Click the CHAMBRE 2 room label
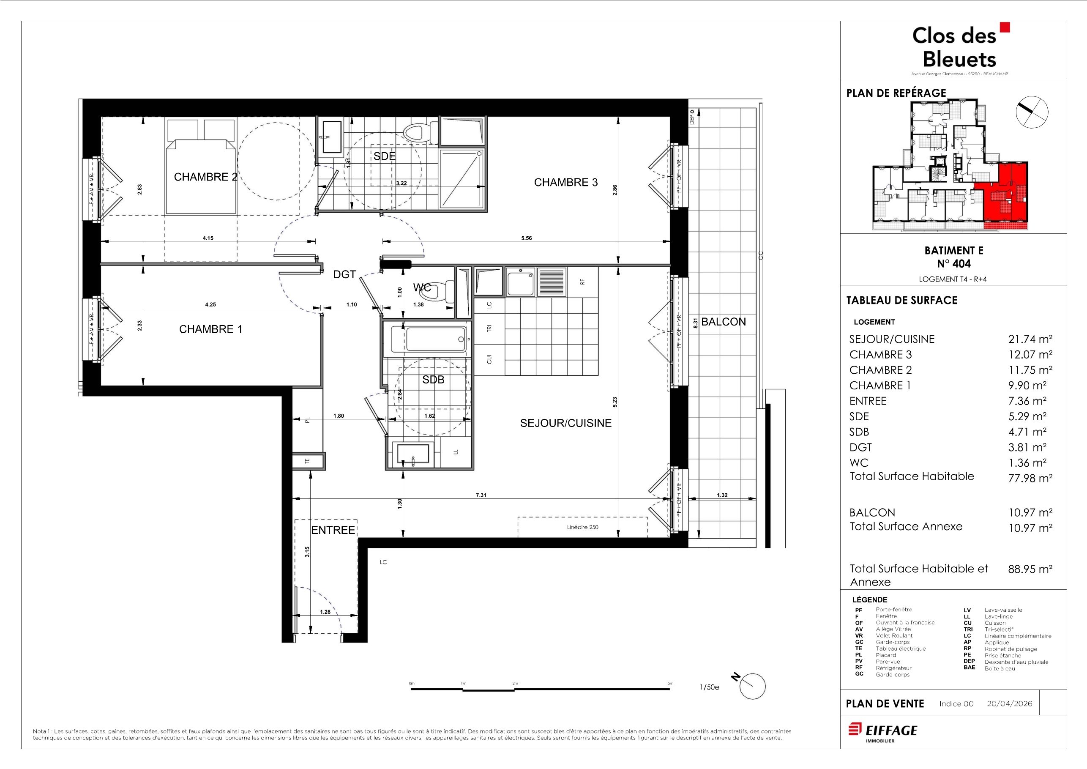click(x=205, y=177)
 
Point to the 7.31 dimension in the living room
click(x=481, y=495)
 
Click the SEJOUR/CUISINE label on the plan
click(x=566, y=423)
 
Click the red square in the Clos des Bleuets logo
click(x=1004, y=27)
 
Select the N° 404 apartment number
click(x=953, y=264)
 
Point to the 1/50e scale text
click(x=709, y=687)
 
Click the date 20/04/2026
click(x=1009, y=703)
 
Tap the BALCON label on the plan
click(x=724, y=322)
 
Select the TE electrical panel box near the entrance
click(x=308, y=461)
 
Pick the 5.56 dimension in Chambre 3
click(x=527, y=238)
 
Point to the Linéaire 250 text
click(x=582, y=528)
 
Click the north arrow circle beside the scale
click(x=752, y=686)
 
